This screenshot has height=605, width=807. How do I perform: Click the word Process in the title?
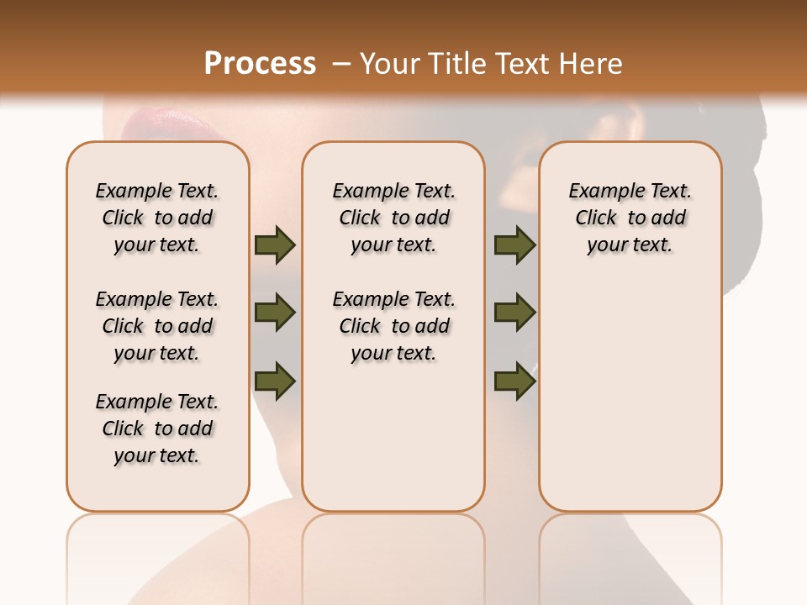[260, 64]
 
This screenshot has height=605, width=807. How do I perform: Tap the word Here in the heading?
[592, 64]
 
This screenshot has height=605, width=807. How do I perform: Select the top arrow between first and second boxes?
[275, 245]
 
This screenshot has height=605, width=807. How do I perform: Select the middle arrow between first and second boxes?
[275, 313]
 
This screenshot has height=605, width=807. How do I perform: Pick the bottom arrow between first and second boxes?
[275, 381]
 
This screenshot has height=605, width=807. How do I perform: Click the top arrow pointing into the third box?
[514, 245]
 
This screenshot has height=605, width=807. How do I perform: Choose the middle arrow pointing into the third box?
[514, 313]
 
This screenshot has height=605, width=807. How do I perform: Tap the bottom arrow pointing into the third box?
[514, 381]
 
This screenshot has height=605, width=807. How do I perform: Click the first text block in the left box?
[157, 218]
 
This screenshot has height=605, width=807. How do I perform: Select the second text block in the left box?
[157, 326]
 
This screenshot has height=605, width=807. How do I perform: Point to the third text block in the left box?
[157, 429]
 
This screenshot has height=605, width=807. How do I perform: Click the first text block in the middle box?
[393, 218]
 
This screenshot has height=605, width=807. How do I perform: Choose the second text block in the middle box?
[393, 326]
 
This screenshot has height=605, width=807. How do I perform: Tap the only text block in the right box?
[630, 218]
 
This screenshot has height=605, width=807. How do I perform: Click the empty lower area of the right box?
[630, 395]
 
